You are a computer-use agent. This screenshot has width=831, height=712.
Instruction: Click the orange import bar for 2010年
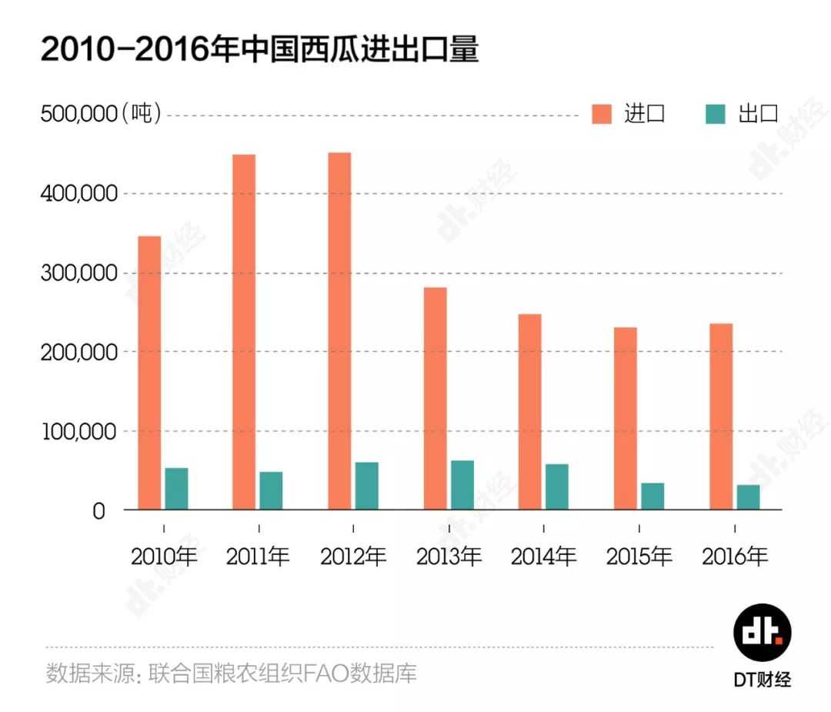click(x=149, y=373)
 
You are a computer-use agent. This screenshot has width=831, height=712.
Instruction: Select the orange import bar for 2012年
click(x=339, y=331)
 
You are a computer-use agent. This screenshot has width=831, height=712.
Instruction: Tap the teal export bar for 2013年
click(x=462, y=485)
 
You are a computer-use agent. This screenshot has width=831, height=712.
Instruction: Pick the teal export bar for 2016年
click(x=748, y=496)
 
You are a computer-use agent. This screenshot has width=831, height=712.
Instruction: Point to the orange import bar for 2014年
click(x=529, y=412)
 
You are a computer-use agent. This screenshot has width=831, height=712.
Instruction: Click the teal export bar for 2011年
click(x=271, y=490)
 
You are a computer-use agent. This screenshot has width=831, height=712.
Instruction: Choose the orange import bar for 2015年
click(x=625, y=419)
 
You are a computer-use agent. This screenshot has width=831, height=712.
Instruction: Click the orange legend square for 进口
click(x=602, y=114)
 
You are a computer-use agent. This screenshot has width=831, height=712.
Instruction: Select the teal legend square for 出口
click(x=716, y=114)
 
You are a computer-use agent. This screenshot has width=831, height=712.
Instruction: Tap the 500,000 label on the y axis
click(x=77, y=114)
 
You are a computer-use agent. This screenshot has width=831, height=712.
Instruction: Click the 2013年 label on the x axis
click(x=449, y=557)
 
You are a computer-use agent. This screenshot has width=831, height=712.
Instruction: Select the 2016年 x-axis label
click(x=734, y=557)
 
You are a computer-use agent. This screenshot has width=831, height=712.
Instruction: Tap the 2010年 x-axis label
click(x=164, y=557)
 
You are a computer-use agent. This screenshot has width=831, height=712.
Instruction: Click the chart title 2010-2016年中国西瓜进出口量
click(x=259, y=50)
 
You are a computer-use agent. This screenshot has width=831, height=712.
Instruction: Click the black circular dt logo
click(x=761, y=633)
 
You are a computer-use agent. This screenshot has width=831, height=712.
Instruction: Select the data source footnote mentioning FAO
click(x=231, y=674)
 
